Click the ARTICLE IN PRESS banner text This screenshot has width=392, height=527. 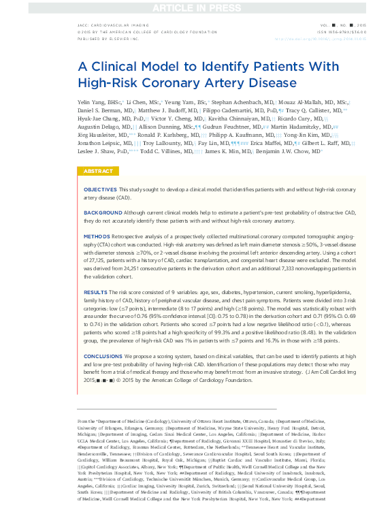point(196,7)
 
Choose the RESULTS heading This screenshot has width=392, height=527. point(95,291)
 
